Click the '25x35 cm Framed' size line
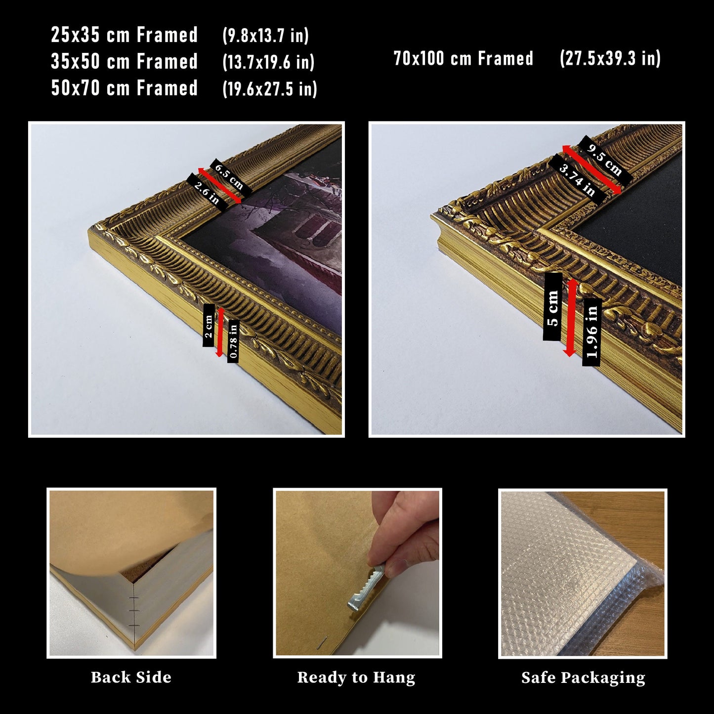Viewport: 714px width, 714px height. coord(124,35)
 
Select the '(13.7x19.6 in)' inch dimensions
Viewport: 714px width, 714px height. coord(268,61)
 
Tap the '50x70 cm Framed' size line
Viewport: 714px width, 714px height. coord(124,88)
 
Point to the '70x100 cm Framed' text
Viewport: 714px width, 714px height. coord(463,58)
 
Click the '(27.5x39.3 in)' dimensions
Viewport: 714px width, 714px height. coord(610,58)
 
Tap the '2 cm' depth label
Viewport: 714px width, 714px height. coord(209,325)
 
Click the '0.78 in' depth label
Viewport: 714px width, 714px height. coord(233,341)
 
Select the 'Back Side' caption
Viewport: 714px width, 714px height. coord(131,678)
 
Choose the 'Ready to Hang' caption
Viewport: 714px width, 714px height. coord(356,678)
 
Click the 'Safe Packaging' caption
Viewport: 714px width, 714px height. coord(583,678)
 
